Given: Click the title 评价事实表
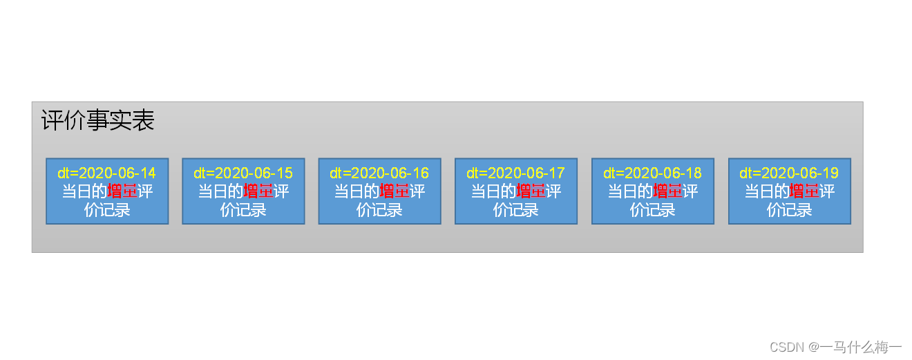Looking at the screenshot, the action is click(x=97, y=121).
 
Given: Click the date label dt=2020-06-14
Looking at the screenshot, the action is click(x=107, y=173).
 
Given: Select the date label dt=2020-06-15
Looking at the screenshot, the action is click(x=243, y=173).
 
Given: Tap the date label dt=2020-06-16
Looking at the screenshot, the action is click(x=379, y=173).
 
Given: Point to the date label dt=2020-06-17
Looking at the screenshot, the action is click(x=515, y=173).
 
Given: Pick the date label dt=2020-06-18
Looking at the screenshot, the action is click(x=652, y=173).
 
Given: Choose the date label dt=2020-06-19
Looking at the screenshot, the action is click(x=789, y=173).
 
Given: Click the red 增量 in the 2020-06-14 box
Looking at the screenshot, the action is click(x=122, y=191).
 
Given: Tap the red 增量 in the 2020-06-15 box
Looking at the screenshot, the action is click(x=258, y=191).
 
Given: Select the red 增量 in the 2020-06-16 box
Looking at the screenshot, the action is click(x=395, y=191).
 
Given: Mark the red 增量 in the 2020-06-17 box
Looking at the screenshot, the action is click(x=531, y=191).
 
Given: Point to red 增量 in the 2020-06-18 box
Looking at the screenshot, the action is click(x=668, y=191).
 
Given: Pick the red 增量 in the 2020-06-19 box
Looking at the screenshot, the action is click(x=804, y=191).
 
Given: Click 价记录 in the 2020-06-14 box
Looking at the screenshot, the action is click(x=107, y=209).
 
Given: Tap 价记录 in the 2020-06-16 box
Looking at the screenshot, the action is click(x=379, y=209).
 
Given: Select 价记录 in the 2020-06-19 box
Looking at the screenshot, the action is click(x=789, y=209).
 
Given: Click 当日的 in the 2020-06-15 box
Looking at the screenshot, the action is click(x=220, y=191).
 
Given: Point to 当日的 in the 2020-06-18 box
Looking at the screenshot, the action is click(x=630, y=191).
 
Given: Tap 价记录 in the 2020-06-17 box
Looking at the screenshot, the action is click(x=515, y=209).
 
